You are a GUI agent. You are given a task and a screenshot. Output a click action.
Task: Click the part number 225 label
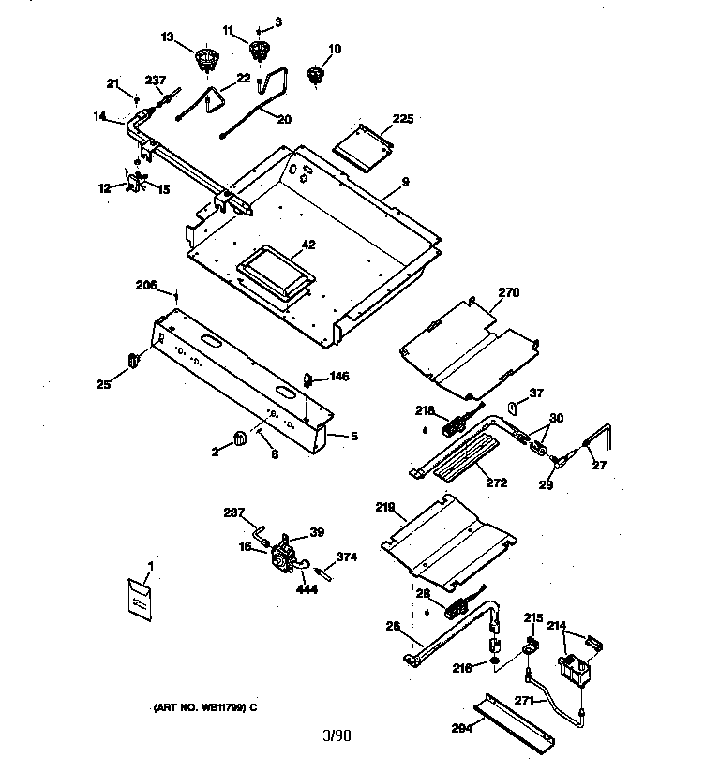pyautogui.click(x=402, y=118)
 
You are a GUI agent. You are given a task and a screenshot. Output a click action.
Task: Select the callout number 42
pyautogui.click(x=308, y=245)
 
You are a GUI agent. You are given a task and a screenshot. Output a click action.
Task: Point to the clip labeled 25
pyautogui.click(x=132, y=359)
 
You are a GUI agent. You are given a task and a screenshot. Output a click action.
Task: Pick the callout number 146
pyautogui.click(x=339, y=377)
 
